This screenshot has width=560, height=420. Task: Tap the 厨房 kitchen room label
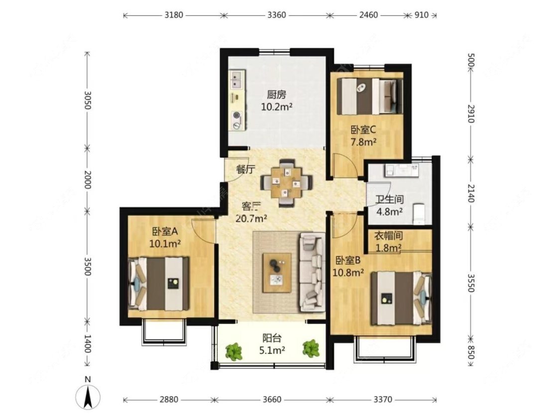pos(276,94)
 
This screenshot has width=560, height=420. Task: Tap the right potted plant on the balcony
pos(312,348)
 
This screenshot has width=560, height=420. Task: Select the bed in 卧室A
pos(160,283)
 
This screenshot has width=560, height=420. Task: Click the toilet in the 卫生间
pos(420,213)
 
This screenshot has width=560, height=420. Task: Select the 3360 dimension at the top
pos(277,15)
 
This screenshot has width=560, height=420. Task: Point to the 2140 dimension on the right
pos(472,191)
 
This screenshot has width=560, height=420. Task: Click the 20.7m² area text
pos(251,217)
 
